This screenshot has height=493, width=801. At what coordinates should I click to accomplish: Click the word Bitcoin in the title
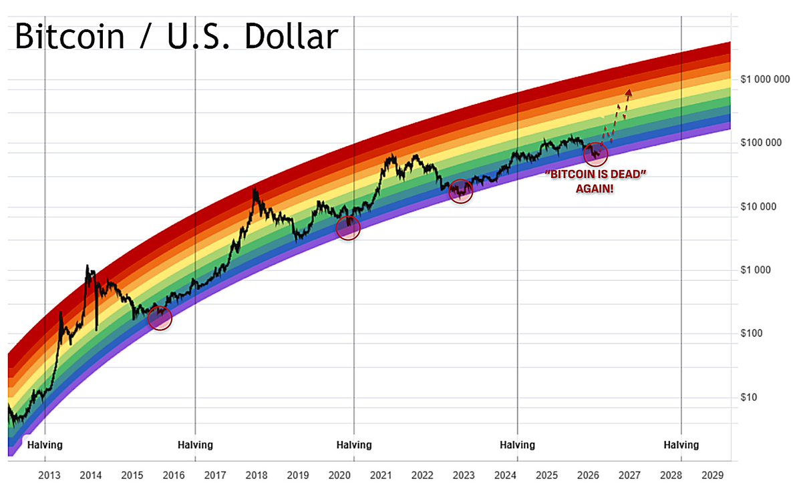(x=69, y=37)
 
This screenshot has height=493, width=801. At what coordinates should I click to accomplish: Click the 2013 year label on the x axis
(x=49, y=475)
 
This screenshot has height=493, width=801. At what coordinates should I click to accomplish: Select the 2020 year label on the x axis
(x=339, y=475)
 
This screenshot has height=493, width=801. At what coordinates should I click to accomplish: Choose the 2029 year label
(x=712, y=475)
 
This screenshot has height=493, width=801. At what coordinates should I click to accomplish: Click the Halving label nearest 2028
(x=681, y=444)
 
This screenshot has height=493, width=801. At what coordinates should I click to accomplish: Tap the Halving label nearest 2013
(x=45, y=444)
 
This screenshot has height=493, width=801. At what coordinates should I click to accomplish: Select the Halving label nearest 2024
(x=517, y=444)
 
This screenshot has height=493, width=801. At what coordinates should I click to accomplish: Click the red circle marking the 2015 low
(x=160, y=318)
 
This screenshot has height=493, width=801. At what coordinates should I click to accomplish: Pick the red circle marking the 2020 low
(x=348, y=228)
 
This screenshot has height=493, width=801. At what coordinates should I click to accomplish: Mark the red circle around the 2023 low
(x=461, y=191)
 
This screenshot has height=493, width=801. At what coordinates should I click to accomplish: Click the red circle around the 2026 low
(x=595, y=155)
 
